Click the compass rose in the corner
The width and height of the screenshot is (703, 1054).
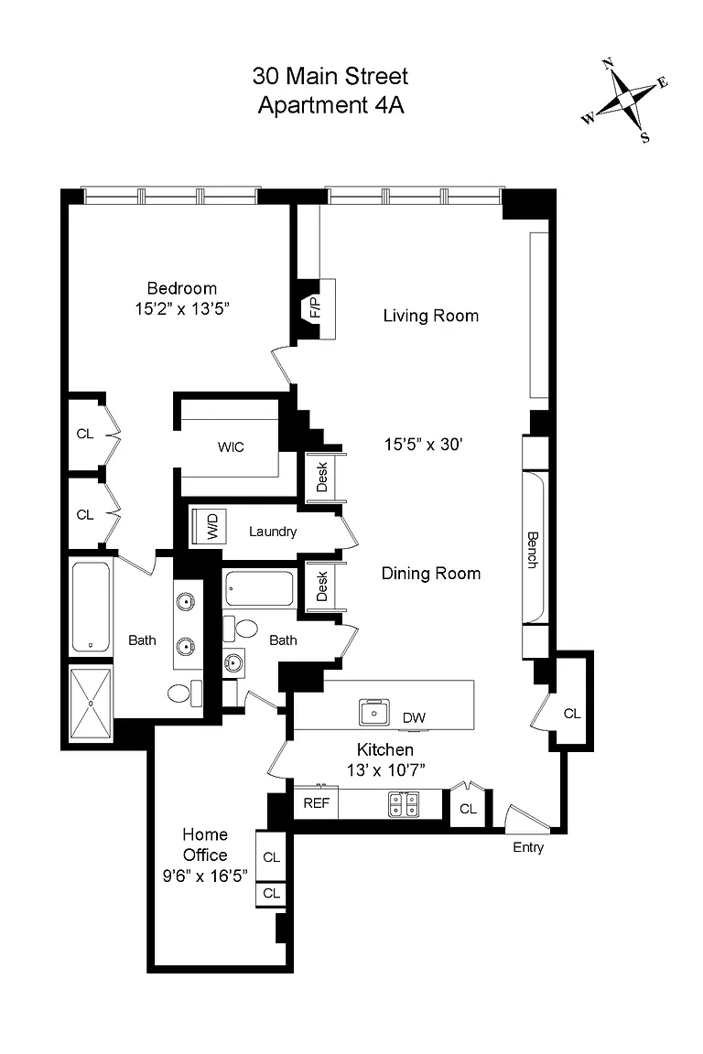tap(625, 101)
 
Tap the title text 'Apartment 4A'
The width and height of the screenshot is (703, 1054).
tap(331, 105)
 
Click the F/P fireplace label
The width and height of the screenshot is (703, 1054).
tap(315, 307)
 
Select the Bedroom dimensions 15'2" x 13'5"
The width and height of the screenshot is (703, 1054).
tap(182, 308)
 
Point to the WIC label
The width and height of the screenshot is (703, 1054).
tap(231, 447)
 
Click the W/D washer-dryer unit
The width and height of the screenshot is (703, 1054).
tap(210, 526)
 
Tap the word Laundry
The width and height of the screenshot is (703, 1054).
tap(273, 532)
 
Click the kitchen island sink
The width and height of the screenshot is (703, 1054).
tap(374, 712)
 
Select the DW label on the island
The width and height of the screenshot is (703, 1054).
tap(414, 718)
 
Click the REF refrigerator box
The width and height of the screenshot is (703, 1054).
tap(316, 803)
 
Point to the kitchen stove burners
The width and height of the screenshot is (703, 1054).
tap(404, 804)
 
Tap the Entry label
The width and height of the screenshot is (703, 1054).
tap(528, 847)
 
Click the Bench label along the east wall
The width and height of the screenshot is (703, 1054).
tap(533, 550)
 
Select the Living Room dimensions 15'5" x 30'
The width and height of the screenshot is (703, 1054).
tap(424, 445)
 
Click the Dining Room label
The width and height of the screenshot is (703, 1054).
tap(431, 574)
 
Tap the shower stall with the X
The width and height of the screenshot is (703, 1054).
tap(91, 703)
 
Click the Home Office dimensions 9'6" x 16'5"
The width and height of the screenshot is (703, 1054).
tap(205, 876)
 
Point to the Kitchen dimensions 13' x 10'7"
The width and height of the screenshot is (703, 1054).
tap(385, 770)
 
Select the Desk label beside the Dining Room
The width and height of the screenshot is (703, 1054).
tap(321, 586)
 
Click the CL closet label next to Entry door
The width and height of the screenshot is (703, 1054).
tap(469, 810)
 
